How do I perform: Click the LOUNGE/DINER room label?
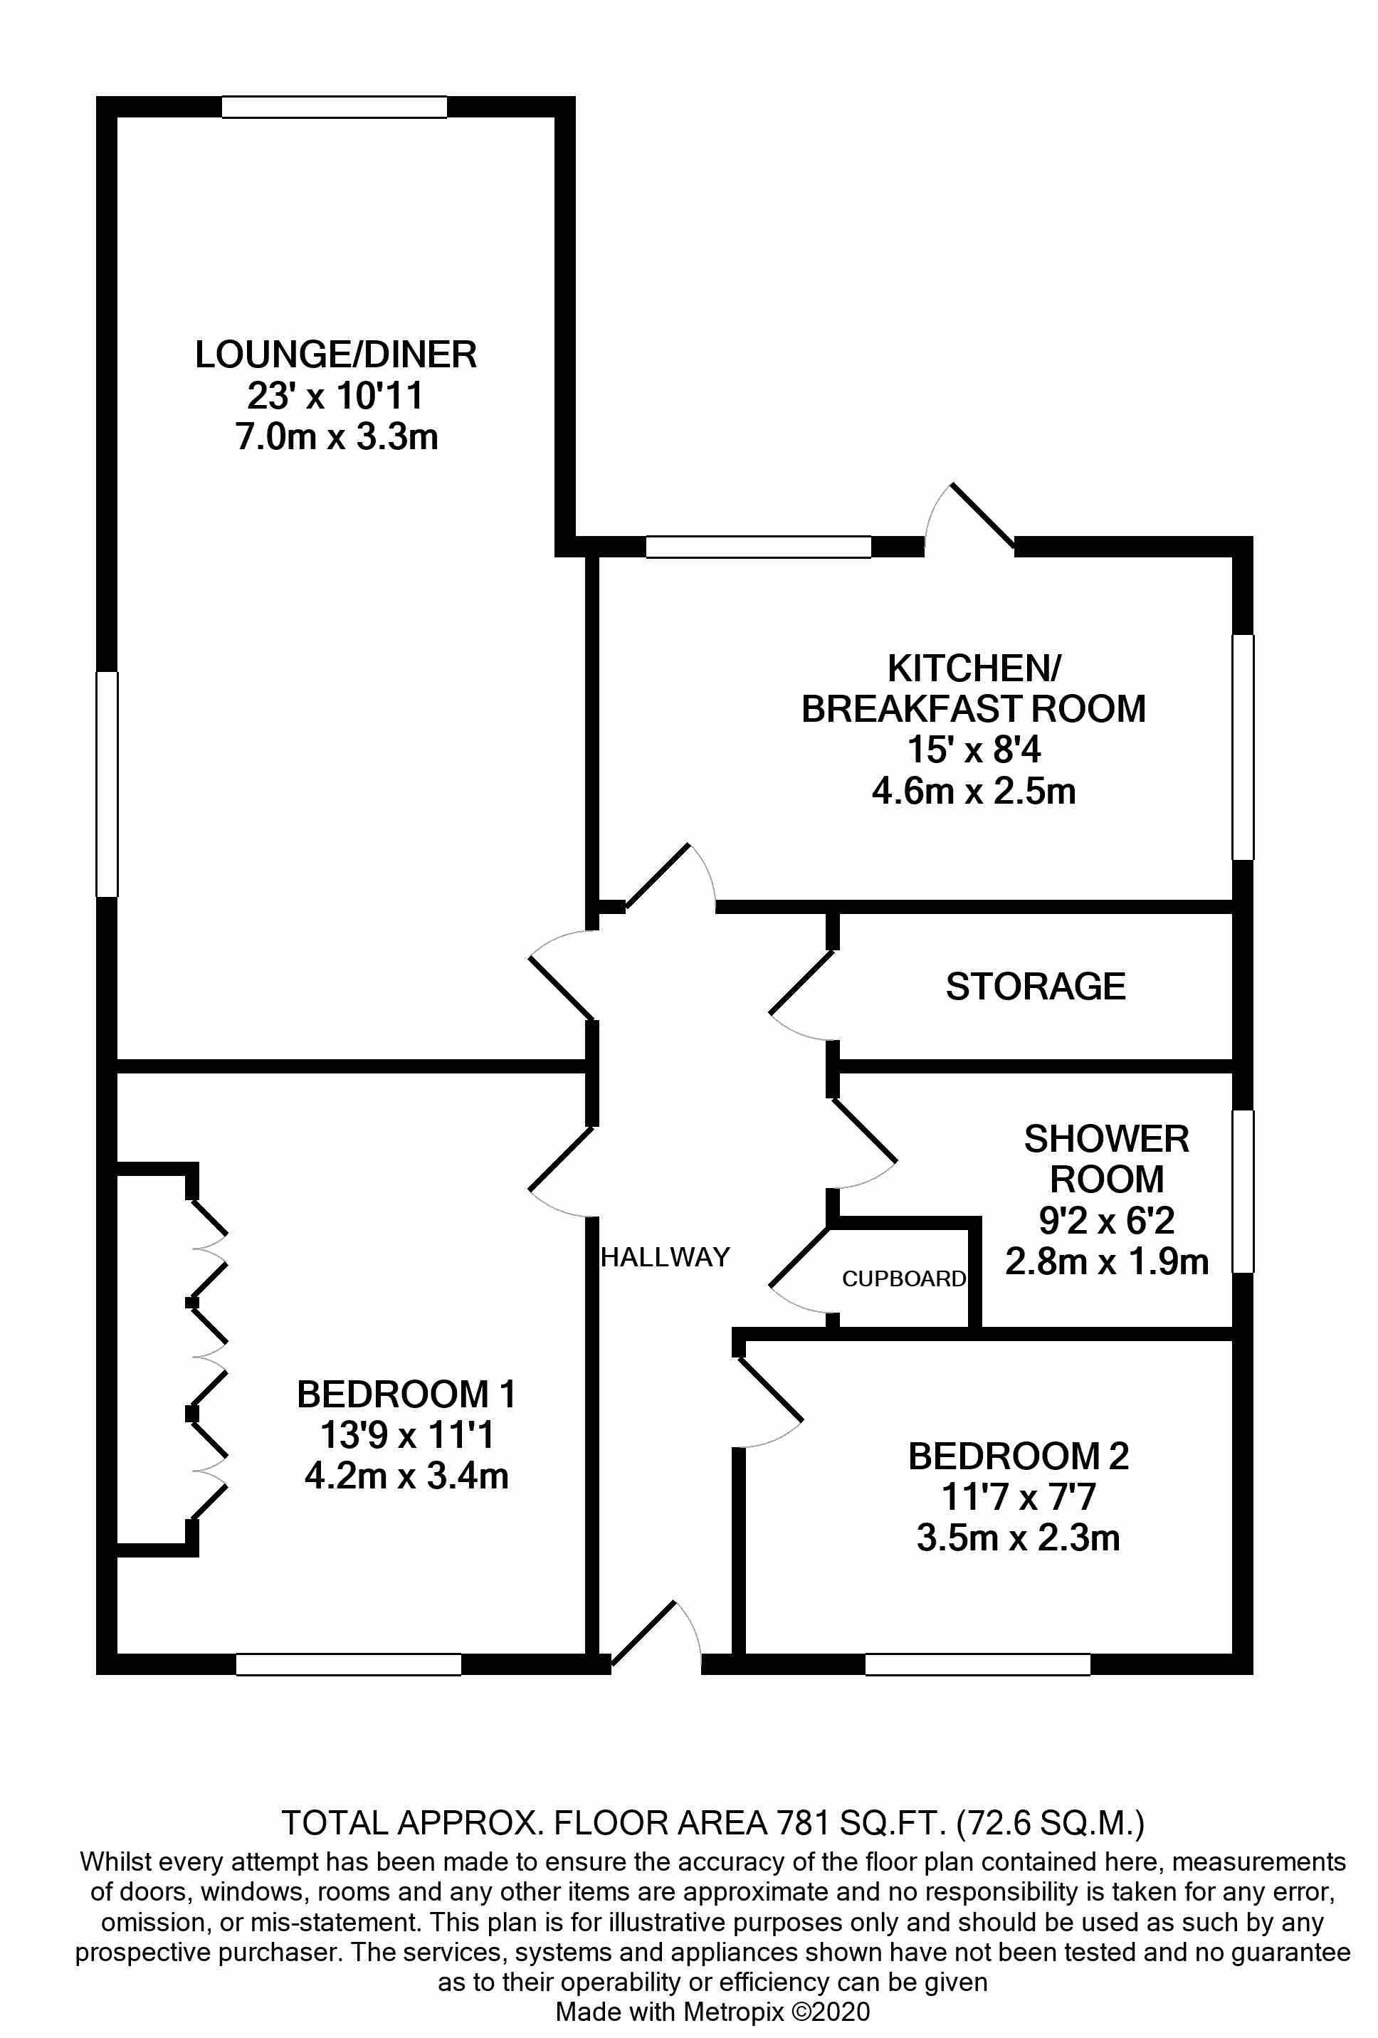pyautogui.click(x=336, y=355)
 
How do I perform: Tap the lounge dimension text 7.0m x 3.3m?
pyautogui.click(x=337, y=437)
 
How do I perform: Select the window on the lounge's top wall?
pyautogui.click(x=334, y=107)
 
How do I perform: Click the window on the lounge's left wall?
pyautogui.click(x=107, y=784)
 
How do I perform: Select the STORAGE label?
pyautogui.click(x=1035, y=987)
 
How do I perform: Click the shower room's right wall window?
pyautogui.click(x=1243, y=1191)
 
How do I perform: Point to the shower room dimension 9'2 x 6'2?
pyautogui.click(x=1106, y=1221)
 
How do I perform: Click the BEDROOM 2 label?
pyautogui.click(x=1018, y=1456)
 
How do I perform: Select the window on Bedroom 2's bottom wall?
pyautogui.click(x=977, y=1664)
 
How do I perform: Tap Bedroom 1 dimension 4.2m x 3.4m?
pyautogui.click(x=406, y=1476)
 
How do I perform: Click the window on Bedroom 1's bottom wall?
pyautogui.click(x=348, y=1664)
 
